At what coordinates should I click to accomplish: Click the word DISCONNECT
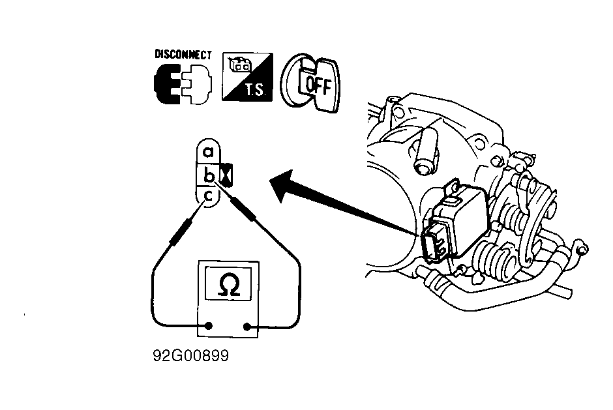(x=183, y=54)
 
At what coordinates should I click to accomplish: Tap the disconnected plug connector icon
(x=183, y=83)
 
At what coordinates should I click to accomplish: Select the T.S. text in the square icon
(x=255, y=91)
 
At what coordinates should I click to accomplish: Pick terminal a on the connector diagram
(x=209, y=151)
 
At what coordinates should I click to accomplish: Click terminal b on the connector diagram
(x=209, y=175)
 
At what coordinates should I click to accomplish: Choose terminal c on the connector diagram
(x=209, y=195)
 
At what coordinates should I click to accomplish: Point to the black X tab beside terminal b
(x=226, y=175)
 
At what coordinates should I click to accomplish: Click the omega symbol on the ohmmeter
(x=229, y=284)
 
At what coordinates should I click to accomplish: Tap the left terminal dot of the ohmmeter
(x=209, y=325)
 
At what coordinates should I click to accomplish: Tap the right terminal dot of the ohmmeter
(x=247, y=327)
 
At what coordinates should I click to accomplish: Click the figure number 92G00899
(x=191, y=356)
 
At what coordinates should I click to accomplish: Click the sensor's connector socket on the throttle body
(x=435, y=242)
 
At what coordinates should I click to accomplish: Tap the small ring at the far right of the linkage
(x=582, y=249)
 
